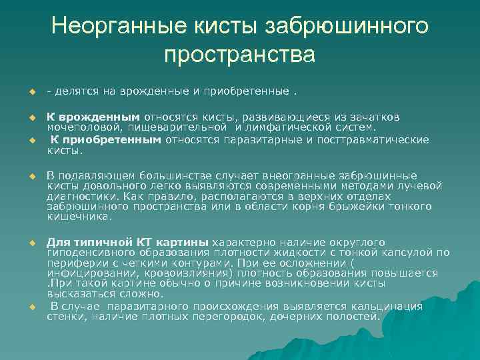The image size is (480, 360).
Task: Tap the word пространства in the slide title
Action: click(239, 54)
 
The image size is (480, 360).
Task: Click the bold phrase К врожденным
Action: click(93, 116)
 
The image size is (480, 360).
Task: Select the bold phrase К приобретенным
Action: click(106, 139)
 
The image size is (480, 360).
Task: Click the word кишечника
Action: click(70, 217)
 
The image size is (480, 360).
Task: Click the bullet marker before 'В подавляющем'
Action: click(31, 177)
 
